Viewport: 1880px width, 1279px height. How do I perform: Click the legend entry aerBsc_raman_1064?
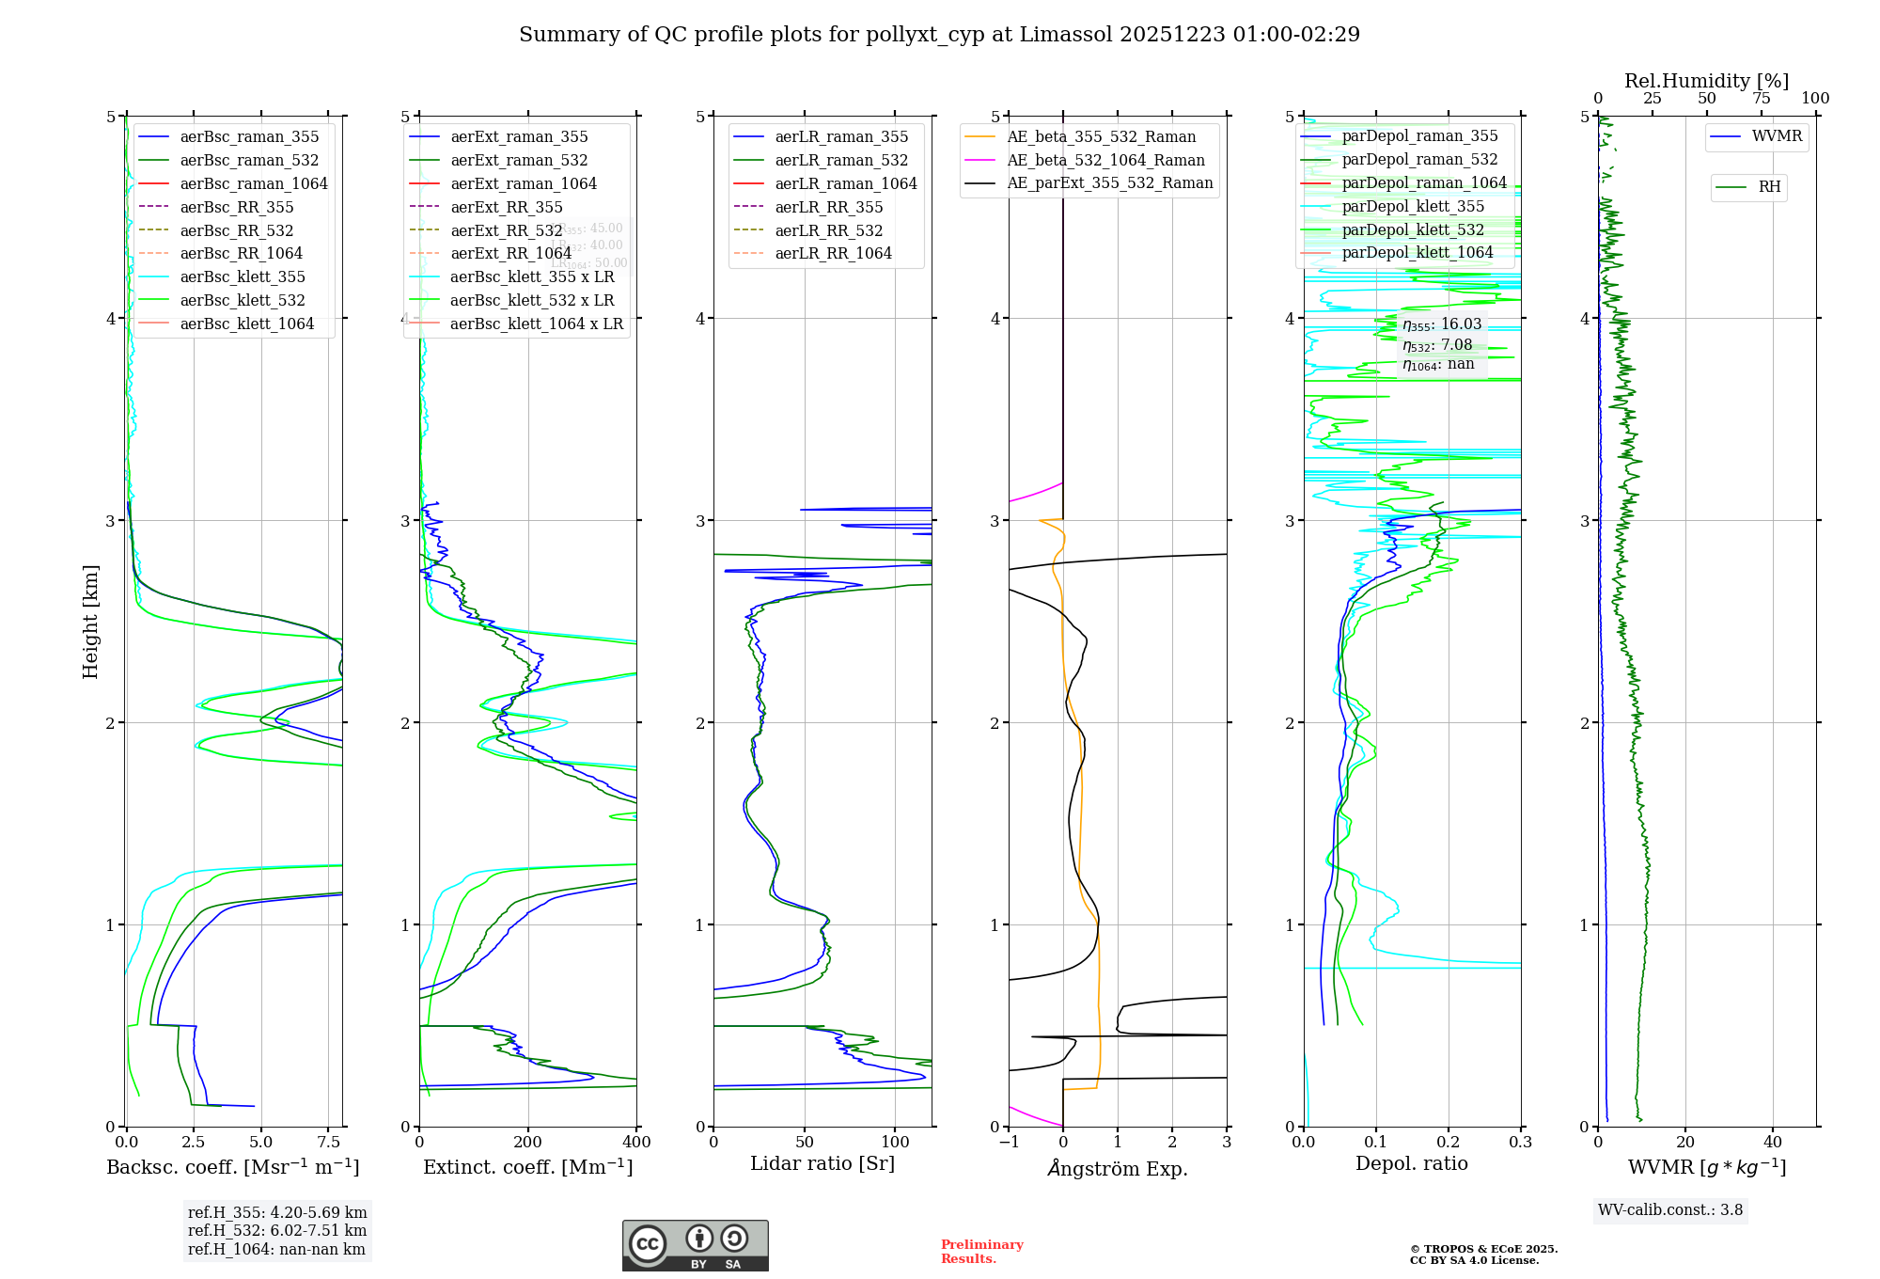(x=254, y=183)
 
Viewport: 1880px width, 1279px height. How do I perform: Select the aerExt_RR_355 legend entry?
(x=506, y=207)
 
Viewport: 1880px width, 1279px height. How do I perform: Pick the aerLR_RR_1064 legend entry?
(x=833, y=253)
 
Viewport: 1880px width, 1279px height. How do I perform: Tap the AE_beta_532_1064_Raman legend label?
(x=1105, y=160)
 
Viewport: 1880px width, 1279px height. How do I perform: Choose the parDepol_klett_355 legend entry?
(x=1413, y=206)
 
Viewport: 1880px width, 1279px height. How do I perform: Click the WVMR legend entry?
(x=1777, y=136)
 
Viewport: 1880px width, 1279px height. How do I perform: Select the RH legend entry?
(x=1769, y=187)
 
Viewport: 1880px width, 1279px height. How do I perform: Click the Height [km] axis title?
(x=90, y=622)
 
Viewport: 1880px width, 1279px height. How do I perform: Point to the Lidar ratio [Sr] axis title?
(x=822, y=1163)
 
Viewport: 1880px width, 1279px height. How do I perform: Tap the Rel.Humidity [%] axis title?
(x=1706, y=81)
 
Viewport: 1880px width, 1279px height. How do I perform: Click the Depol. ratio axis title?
(x=1411, y=1163)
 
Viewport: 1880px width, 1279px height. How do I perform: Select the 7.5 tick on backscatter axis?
(x=328, y=1143)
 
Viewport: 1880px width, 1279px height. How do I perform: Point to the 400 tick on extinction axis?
(x=636, y=1143)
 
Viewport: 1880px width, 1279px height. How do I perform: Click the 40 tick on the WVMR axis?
(x=1772, y=1143)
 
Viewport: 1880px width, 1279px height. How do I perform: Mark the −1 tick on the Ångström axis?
(x=1009, y=1143)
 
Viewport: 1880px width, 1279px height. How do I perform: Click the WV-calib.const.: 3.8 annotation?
(x=1669, y=1210)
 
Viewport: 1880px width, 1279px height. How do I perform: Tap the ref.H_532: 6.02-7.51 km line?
(x=277, y=1230)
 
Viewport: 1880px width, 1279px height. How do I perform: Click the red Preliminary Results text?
(x=981, y=1252)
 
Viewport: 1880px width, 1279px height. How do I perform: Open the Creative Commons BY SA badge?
(x=695, y=1246)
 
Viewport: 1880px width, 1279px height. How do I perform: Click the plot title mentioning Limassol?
(x=939, y=35)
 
